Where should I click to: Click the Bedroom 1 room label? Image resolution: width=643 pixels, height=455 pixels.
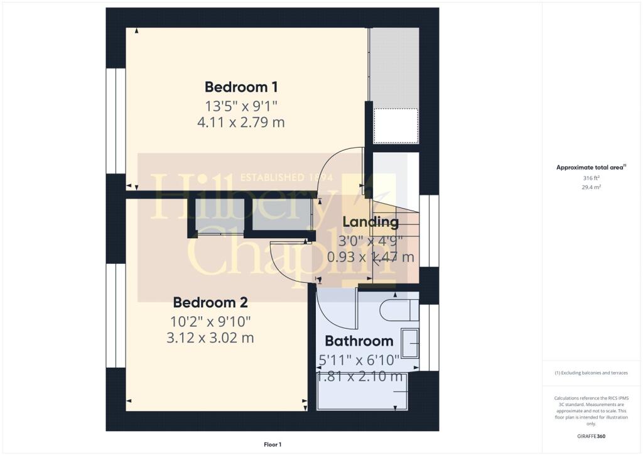point(241,87)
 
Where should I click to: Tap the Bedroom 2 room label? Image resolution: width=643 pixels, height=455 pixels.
point(210,302)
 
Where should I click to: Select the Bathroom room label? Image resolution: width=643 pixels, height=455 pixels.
point(359,341)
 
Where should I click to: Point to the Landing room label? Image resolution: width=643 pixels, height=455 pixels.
point(370,222)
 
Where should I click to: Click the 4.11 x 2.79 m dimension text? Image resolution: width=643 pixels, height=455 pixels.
point(241,123)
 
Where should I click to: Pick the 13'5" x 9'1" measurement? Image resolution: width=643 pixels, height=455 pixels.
point(241,106)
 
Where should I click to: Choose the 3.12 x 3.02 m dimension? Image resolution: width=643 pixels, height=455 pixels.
point(210,337)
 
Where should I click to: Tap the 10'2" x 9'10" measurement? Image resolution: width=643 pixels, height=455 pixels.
point(210,322)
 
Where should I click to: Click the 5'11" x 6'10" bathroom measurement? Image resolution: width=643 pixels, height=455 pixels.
point(359,360)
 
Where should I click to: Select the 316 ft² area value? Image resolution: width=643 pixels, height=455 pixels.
point(592,178)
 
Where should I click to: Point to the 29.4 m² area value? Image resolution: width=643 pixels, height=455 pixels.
point(592,187)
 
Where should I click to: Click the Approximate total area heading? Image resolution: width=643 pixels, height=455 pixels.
point(591,167)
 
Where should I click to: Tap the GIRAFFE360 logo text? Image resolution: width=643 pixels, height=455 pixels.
point(592,436)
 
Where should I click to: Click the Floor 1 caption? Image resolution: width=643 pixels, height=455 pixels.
point(273,444)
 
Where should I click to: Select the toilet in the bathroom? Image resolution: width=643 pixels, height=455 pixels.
point(399,310)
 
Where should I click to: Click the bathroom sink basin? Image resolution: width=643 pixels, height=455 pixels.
point(410,343)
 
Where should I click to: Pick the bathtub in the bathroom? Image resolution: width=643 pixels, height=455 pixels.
point(362,391)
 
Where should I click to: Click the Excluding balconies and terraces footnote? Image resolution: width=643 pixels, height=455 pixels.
point(591,373)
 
